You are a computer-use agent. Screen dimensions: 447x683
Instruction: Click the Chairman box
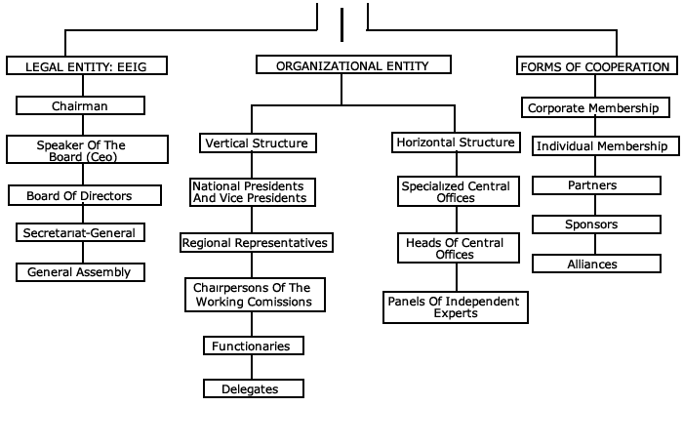coord(81,105)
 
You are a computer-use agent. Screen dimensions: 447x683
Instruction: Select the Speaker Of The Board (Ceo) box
coord(81,150)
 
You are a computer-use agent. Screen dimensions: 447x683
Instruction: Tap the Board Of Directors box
coord(79,195)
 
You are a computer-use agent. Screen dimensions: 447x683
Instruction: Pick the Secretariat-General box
coord(81,232)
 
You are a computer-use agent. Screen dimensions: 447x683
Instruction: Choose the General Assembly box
coord(79,271)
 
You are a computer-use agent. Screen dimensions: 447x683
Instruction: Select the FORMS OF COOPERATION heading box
coord(594,66)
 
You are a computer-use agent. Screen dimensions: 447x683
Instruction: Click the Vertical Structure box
coord(257,142)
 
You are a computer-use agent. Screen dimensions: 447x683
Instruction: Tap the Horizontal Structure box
coord(455,142)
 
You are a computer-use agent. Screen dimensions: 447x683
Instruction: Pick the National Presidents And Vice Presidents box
coord(253,191)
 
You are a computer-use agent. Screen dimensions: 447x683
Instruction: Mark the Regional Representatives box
coord(256,241)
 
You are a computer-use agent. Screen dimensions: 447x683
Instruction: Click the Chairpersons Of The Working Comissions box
coord(254,295)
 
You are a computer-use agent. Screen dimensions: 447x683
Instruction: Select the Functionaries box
coord(253,345)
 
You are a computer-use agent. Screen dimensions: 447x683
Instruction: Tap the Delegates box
coord(253,388)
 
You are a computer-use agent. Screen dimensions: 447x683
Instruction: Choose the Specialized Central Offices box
coord(456,191)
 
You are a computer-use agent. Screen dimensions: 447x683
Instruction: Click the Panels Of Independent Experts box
coord(456,307)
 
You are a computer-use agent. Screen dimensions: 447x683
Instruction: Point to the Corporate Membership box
coord(592,107)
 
